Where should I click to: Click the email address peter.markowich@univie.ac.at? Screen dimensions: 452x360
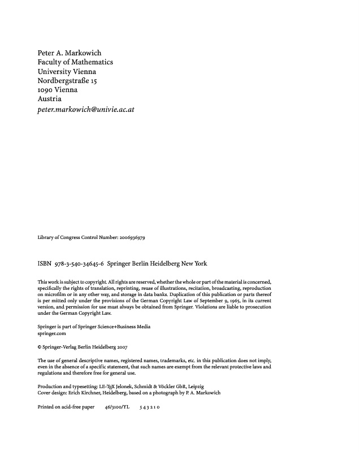[x=85, y=109]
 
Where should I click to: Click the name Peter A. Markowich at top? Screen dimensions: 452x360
[x=69, y=53]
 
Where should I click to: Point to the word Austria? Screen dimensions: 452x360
[x=49, y=99]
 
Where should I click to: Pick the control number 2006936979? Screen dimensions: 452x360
[x=132, y=238]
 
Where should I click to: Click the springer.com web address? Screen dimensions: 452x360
[x=51, y=334]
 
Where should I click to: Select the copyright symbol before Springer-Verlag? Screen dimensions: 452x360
[x=40, y=347]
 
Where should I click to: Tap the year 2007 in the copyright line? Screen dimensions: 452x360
[x=128, y=347]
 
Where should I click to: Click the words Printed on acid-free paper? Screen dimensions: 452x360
[x=66, y=406]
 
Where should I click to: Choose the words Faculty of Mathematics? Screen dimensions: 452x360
[x=75, y=62]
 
